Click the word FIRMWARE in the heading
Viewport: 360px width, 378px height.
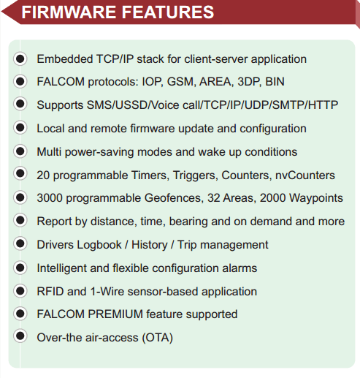pyautogui.click(x=69, y=12)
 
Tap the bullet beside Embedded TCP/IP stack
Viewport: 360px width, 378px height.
pyautogui.click(x=20, y=58)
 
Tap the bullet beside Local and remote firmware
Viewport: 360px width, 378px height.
pyautogui.click(x=20, y=127)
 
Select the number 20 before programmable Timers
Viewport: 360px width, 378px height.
pyautogui.click(x=43, y=175)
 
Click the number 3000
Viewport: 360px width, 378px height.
pyautogui.click(x=50, y=198)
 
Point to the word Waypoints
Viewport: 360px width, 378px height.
pyautogui.click(x=316, y=198)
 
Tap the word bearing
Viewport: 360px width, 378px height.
pyautogui.click(x=188, y=222)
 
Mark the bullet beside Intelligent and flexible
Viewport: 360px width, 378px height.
pyautogui.click(x=20, y=268)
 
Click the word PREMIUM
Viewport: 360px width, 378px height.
pyautogui.click(x=115, y=314)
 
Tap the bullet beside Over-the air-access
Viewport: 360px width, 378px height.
pyautogui.click(x=20, y=336)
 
